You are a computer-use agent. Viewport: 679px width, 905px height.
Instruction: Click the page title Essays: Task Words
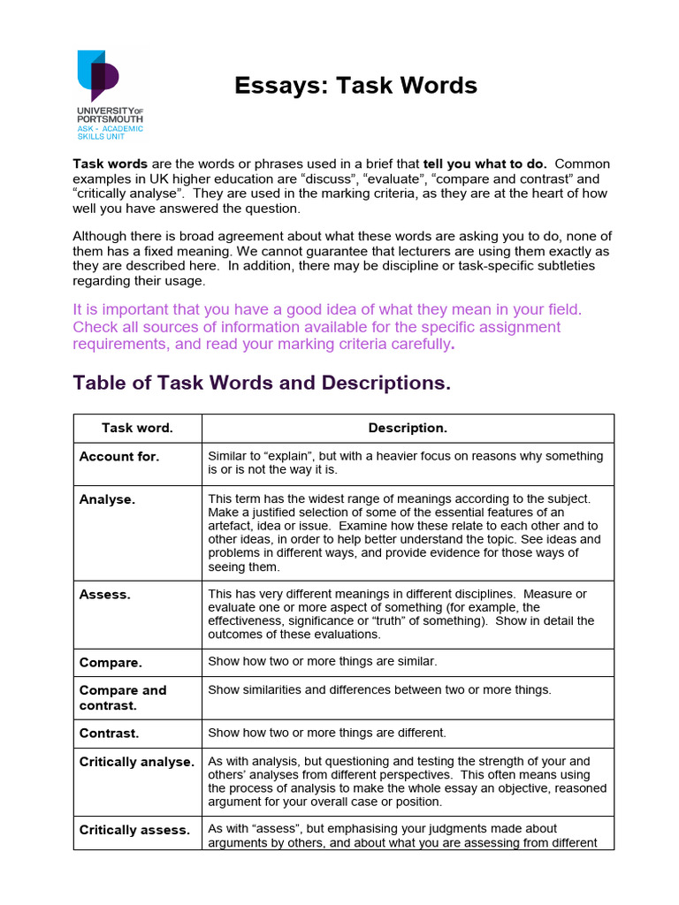pyautogui.click(x=355, y=86)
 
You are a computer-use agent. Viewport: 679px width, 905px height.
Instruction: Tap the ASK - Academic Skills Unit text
pyautogui.click(x=110, y=133)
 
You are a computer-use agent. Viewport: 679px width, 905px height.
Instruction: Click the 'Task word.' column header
pyautogui.click(x=137, y=428)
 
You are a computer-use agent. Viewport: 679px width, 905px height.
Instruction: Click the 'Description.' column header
pyautogui.click(x=408, y=428)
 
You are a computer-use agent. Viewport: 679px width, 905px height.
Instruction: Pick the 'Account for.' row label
pyautogui.click(x=119, y=457)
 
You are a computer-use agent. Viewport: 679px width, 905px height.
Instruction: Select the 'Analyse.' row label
pyautogui.click(x=108, y=499)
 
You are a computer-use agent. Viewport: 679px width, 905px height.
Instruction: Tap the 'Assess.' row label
pyautogui.click(x=105, y=595)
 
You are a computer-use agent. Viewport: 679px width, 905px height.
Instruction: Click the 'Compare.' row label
pyautogui.click(x=111, y=662)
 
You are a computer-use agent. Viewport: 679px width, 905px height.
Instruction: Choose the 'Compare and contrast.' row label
pyautogui.click(x=123, y=697)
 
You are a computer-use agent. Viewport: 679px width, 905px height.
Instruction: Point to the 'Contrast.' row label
pyautogui.click(x=110, y=733)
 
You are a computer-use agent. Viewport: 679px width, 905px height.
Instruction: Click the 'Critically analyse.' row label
pyautogui.click(x=136, y=761)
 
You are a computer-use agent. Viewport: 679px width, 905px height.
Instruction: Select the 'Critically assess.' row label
pyautogui.click(x=134, y=830)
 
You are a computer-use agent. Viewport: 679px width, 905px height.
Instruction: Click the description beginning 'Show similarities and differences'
pyautogui.click(x=379, y=689)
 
